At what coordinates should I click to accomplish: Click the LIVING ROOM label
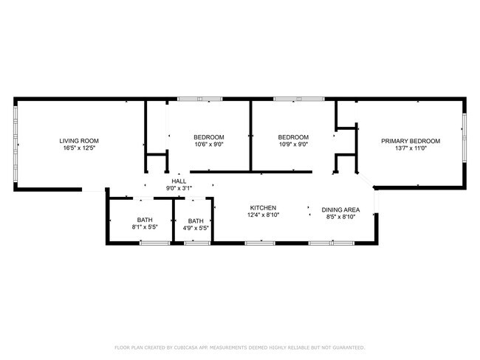click(79, 141)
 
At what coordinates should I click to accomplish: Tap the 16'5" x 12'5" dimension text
click(79, 148)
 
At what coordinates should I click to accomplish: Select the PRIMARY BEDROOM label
click(410, 141)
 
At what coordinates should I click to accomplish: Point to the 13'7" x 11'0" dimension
click(410, 148)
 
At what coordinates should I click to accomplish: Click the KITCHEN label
click(262, 208)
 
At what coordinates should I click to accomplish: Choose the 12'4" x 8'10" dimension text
click(262, 216)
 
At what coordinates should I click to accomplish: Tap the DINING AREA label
click(340, 209)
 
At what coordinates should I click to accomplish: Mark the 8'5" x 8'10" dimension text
click(340, 217)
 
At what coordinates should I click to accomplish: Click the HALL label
click(179, 181)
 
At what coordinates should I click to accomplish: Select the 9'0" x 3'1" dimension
click(179, 189)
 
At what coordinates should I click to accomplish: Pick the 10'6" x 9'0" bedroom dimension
click(209, 145)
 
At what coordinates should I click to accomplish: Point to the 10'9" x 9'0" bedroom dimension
click(293, 145)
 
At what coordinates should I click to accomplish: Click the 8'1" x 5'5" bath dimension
click(145, 228)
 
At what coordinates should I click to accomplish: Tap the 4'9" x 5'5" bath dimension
click(196, 228)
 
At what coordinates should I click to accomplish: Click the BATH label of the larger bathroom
click(145, 221)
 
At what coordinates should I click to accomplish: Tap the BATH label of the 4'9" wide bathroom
click(196, 221)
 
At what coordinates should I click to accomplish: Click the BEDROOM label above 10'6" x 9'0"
click(209, 137)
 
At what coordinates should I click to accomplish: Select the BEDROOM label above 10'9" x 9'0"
click(293, 137)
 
